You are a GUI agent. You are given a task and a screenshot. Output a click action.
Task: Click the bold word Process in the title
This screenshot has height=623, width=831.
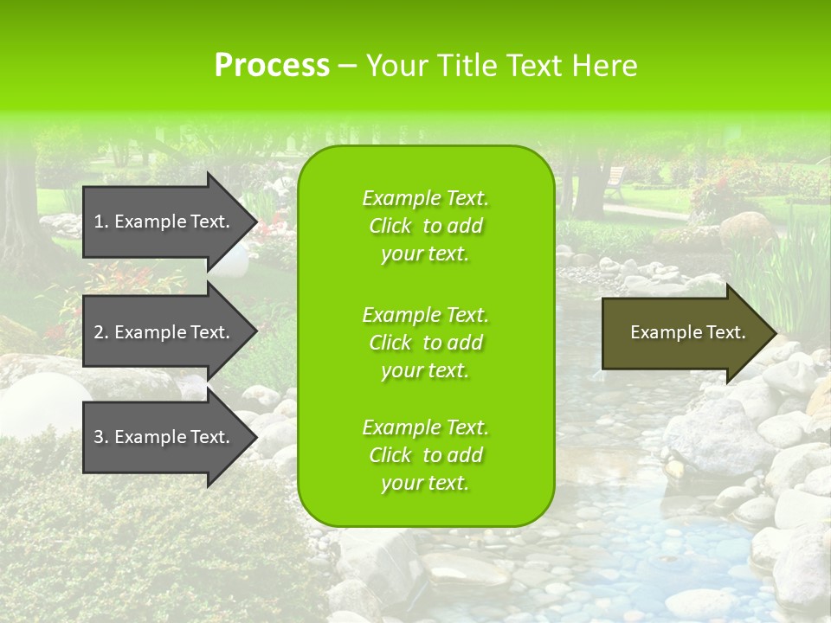coord(272,66)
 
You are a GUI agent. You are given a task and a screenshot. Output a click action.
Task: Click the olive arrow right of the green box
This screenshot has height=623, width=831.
coord(684,333)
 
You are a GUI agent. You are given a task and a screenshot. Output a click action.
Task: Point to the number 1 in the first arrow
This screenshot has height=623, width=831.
coord(99,222)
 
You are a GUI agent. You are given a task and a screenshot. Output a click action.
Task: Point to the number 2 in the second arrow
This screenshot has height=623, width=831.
coord(99,332)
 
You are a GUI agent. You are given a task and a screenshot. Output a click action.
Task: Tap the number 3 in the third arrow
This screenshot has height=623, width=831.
coord(99,437)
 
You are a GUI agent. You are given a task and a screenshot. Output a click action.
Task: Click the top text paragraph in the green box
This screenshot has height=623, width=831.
coord(425,226)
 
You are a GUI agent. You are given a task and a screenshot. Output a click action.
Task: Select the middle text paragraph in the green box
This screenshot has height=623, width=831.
coord(425,342)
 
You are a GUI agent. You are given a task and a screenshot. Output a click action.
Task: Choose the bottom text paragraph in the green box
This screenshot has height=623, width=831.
coord(425,455)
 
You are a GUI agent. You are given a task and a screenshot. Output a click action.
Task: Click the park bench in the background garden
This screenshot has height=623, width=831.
coord(615,181)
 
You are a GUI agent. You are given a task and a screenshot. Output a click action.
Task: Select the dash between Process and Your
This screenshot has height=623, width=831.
coord(348,66)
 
